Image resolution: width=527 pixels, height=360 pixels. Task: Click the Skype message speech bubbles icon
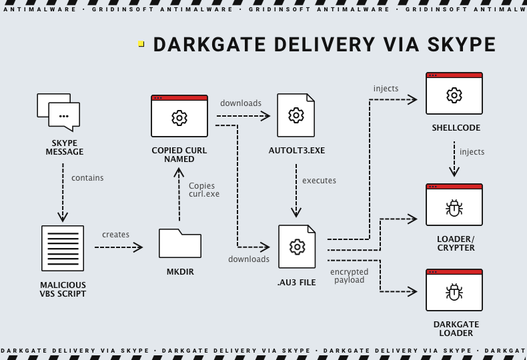pos(59,111)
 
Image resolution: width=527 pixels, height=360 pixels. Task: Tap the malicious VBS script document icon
pos(63,248)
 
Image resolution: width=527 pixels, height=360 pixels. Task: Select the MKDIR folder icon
pos(179,243)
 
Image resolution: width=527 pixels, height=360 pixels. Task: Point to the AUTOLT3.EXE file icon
pos(296,117)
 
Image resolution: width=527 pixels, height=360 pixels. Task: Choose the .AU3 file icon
pos(296,247)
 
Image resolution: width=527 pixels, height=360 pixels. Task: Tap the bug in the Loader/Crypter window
pos(454,209)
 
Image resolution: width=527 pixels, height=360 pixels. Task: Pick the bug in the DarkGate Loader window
pos(454,293)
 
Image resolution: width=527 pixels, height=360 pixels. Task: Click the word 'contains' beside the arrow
pos(87,178)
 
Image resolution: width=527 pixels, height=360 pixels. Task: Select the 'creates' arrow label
pos(115,235)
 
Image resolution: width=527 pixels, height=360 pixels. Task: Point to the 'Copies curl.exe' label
pos(203,189)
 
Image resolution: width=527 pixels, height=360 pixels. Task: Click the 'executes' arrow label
pos(319,181)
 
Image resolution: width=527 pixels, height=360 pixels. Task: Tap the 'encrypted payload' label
pos(349,276)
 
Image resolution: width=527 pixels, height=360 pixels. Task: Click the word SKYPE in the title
pos(460,45)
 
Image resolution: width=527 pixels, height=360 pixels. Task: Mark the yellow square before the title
pos(141,44)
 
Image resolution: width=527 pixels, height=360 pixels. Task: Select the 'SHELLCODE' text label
pos(456,128)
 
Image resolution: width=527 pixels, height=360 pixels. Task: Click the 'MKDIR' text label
pos(179,273)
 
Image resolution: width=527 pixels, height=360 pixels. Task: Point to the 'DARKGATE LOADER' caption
pos(456,329)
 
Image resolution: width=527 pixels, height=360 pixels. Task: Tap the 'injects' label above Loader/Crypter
pos(472,152)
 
